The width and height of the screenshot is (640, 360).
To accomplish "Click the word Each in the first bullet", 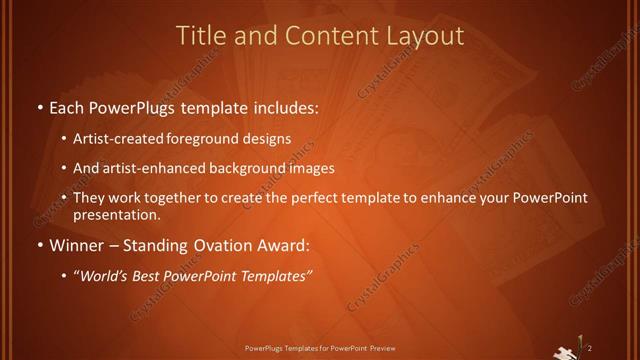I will (x=68, y=106).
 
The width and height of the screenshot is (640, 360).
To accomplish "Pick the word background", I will (x=259, y=168).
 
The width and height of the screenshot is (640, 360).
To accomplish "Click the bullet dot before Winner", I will (x=39, y=246).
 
